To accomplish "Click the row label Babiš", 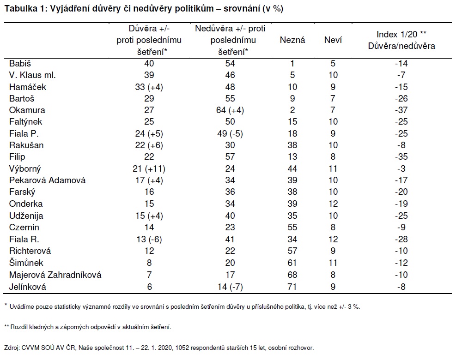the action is [20, 64].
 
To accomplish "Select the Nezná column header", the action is [292, 40].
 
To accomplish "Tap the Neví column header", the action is [333, 40].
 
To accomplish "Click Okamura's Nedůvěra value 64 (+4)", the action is [230, 110].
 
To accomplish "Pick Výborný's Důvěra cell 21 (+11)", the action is [149, 168].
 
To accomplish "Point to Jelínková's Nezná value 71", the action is [292, 287].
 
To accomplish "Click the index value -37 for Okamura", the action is [401, 110].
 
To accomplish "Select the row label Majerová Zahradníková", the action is [55, 275].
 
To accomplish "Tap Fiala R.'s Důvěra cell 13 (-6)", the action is [149, 240].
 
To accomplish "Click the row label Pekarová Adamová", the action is [48, 180].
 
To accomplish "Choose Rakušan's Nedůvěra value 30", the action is [230, 145].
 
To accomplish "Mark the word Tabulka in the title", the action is [21, 9].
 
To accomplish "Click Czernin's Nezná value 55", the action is [292, 227].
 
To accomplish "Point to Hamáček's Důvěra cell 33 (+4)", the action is [149, 87].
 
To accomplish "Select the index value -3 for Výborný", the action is [401, 168].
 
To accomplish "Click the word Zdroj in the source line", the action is [12, 348].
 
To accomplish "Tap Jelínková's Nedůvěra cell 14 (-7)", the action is [230, 287].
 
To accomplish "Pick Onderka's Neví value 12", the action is [333, 204].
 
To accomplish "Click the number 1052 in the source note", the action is [182, 348].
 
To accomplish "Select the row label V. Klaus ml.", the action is [32, 75].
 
